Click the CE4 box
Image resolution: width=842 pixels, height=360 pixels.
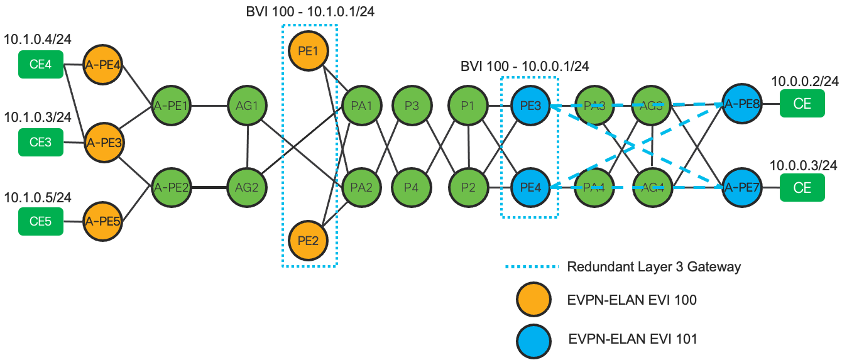coord(41,64)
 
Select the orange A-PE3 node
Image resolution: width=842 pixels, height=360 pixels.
coord(104,143)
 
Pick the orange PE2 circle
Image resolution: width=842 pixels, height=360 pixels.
coord(307,239)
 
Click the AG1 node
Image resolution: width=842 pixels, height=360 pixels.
coord(247,106)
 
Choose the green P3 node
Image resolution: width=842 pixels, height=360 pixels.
coord(412,106)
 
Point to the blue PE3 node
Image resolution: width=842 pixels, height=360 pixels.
coord(531,106)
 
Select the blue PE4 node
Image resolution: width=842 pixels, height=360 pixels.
coord(531,187)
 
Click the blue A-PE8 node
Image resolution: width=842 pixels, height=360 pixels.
coord(742,106)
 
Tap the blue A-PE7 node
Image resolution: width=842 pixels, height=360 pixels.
coord(742,187)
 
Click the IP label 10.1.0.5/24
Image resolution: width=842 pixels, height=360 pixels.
coord(38,198)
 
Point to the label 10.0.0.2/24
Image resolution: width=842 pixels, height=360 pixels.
coord(805,82)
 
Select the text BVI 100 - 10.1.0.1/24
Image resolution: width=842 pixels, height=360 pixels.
coord(309,12)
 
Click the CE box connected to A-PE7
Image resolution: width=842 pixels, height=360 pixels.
coord(802,187)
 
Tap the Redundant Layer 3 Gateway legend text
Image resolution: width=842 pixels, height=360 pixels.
coord(653,266)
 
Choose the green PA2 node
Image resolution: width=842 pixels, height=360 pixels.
coord(361,187)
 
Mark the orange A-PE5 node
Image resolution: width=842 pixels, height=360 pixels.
coord(104,222)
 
